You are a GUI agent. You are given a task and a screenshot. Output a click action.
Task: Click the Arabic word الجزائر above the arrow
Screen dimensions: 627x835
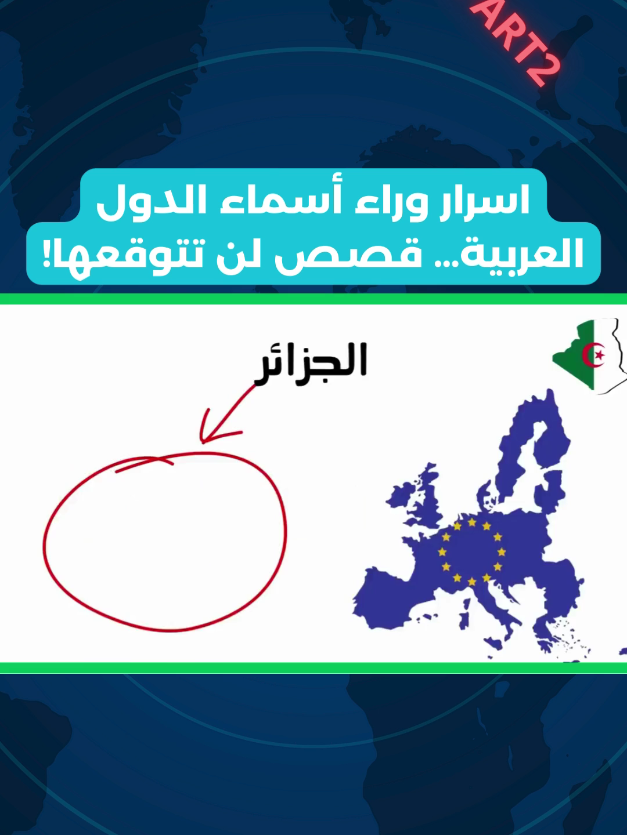[x=310, y=364]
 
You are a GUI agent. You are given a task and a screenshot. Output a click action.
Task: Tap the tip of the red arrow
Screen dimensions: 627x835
[x=203, y=443]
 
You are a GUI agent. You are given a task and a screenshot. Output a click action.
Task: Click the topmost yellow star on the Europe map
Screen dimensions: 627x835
[x=472, y=522]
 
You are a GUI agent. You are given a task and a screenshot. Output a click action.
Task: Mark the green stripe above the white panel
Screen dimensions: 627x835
[x=313, y=299]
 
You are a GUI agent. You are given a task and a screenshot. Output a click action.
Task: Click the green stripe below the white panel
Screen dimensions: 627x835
[x=313, y=668]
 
